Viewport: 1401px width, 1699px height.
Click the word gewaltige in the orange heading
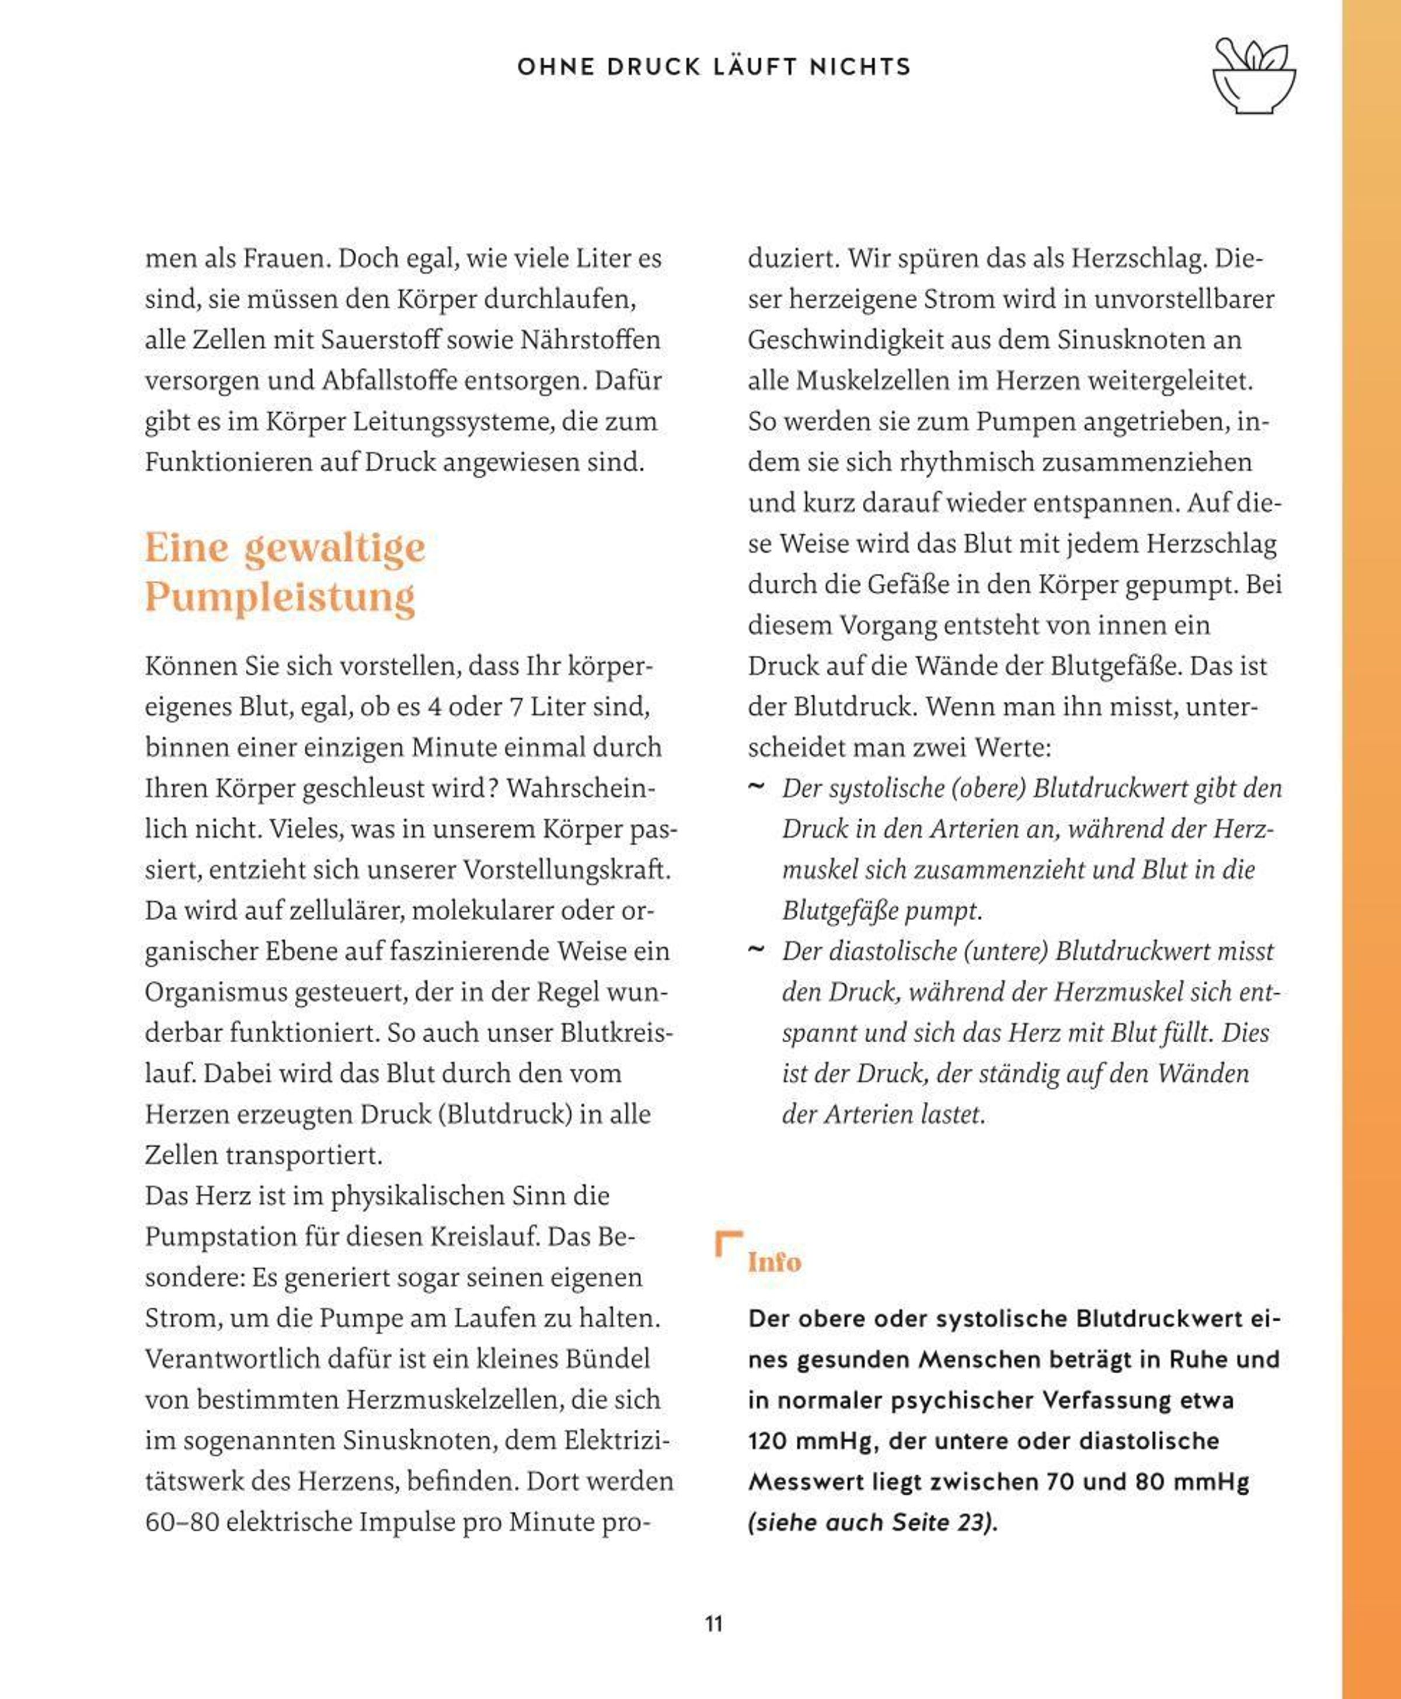point(334,549)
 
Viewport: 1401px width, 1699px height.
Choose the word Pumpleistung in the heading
point(280,597)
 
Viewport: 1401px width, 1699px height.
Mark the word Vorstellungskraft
point(566,870)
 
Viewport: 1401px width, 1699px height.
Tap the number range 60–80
point(182,1522)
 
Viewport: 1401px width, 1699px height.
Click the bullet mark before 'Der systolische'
point(756,787)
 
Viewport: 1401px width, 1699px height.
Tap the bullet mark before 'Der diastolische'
point(756,950)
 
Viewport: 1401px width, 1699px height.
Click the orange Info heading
point(774,1262)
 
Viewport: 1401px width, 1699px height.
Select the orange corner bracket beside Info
point(727,1243)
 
